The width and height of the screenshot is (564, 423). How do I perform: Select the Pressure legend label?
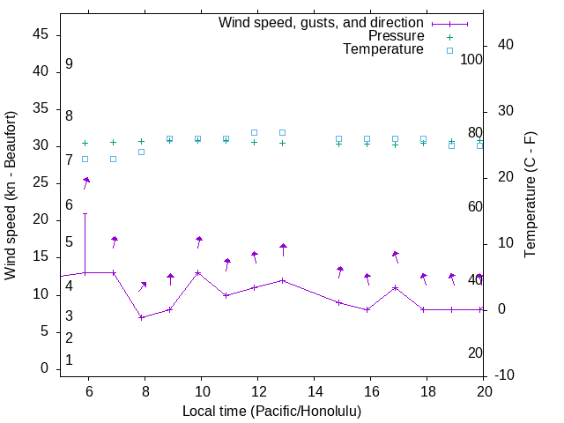(x=396, y=36)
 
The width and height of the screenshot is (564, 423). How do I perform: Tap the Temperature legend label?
(x=383, y=50)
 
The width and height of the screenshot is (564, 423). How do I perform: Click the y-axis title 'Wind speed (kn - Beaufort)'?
(x=11, y=196)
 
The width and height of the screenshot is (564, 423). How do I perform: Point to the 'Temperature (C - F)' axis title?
(x=530, y=196)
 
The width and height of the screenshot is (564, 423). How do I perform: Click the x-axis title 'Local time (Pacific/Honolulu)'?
(x=271, y=412)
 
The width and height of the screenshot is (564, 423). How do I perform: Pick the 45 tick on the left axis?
(x=41, y=34)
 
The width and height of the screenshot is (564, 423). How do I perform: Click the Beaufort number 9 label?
(x=69, y=64)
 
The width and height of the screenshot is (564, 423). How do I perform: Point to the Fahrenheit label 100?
(x=471, y=60)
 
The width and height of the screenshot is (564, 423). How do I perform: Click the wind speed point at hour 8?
(x=141, y=317)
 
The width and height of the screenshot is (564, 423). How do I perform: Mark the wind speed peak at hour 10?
(x=198, y=272)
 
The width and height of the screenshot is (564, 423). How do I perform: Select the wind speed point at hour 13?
(x=283, y=280)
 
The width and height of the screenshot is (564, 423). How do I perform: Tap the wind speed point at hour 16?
(x=367, y=309)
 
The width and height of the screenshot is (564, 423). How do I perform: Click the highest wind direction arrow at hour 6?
(x=86, y=181)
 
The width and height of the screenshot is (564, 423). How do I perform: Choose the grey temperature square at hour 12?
(x=255, y=132)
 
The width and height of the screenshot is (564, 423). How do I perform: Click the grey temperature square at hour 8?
(x=141, y=152)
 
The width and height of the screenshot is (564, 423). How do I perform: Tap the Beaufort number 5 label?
(x=69, y=242)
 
